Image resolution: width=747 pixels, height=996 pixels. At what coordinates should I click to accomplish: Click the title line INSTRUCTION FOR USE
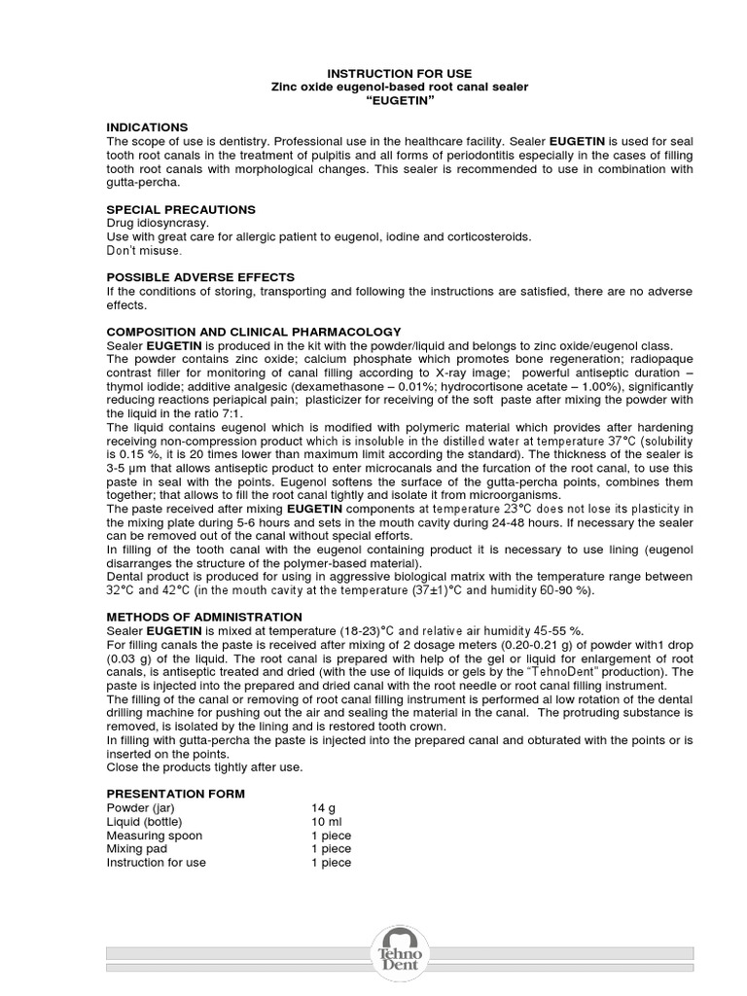tap(399, 74)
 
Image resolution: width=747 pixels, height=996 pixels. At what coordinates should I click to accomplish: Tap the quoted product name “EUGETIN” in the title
tap(399, 100)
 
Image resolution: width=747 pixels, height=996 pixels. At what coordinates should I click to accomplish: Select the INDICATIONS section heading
tap(147, 127)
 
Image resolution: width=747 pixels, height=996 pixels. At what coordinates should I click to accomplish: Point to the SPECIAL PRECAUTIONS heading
tap(181, 209)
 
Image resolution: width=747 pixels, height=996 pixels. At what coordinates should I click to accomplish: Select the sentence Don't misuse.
tap(143, 250)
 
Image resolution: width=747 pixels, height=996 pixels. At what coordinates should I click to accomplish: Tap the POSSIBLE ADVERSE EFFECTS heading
tap(200, 277)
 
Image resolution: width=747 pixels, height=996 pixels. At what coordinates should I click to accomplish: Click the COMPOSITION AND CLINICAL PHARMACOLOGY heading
tap(253, 332)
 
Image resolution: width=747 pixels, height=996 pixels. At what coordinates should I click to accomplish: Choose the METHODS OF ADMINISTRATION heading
tap(204, 618)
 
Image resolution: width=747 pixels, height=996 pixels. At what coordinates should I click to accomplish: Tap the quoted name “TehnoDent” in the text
tap(570, 672)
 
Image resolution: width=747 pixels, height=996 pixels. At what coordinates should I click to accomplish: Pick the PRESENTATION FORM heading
tap(175, 795)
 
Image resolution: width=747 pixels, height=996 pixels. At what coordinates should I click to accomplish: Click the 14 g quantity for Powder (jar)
tap(322, 808)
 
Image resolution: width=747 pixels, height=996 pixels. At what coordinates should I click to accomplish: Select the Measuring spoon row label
tap(155, 836)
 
